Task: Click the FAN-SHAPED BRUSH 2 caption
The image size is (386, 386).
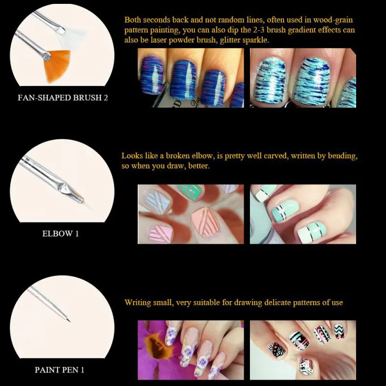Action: click(x=63, y=97)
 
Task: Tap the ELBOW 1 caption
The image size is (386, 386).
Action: click(x=61, y=234)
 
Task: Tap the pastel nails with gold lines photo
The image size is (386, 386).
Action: click(x=191, y=214)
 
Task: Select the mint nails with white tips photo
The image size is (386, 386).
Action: click(x=303, y=214)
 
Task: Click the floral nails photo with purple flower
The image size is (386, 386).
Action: click(x=191, y=349)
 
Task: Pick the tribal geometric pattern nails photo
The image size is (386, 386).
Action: click(x=303, y=349)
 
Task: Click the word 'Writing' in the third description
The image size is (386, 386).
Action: click(x=138, y=303)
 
